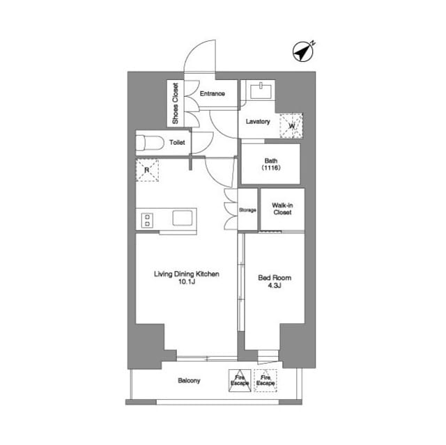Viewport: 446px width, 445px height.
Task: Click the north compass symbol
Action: pyautogui.click(x=303, y=52)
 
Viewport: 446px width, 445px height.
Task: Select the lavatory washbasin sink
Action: pyautogui.click(x=261, y=91)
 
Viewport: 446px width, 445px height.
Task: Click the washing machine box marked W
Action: pyautogui.click(x=291, y=126)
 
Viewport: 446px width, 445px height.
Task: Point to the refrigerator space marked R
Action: pyautogui.click(x=147, y=170)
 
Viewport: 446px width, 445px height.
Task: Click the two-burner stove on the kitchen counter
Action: pyautogui.click(x=147, y=220)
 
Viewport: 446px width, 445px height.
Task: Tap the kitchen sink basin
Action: pyautogui.click(x=183, y=218)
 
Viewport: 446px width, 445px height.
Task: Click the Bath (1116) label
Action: pyautogui.click(x=271, y=164)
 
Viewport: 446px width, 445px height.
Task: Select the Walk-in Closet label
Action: pyautogui.click(x=282, y=209)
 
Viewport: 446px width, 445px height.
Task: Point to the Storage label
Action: pyautogui.click(x=247, y=210)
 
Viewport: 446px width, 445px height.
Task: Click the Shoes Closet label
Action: pyautogui.click(x=175, y=104)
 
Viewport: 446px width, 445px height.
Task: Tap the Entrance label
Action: pyautogui.click(x=212, y=93)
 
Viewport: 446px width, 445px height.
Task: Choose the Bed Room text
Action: pyautogui.click(x=275, y=278)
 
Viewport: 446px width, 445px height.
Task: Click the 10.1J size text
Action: pyautogui.click(x=187, y=282)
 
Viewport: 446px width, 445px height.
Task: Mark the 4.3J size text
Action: pyautogui.click(x=275, y=286)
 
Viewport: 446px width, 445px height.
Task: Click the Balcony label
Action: pyautogui.click(x=189, y=380)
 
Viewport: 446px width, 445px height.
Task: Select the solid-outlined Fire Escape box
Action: pyautogui.click(x=240, y=380)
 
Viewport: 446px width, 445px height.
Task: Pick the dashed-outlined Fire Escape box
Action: pyautogui.click(x=266, y=380)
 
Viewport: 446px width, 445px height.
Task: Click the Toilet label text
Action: pyautogui.click(x=177, y=142)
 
